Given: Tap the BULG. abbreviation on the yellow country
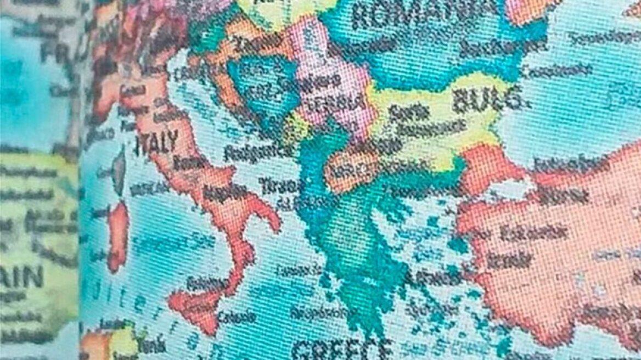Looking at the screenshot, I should coord(486,99).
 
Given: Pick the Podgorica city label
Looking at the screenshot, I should coord(257,153).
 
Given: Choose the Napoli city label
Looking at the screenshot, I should coord(225,192).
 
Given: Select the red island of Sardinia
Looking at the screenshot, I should coord(117,236).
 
